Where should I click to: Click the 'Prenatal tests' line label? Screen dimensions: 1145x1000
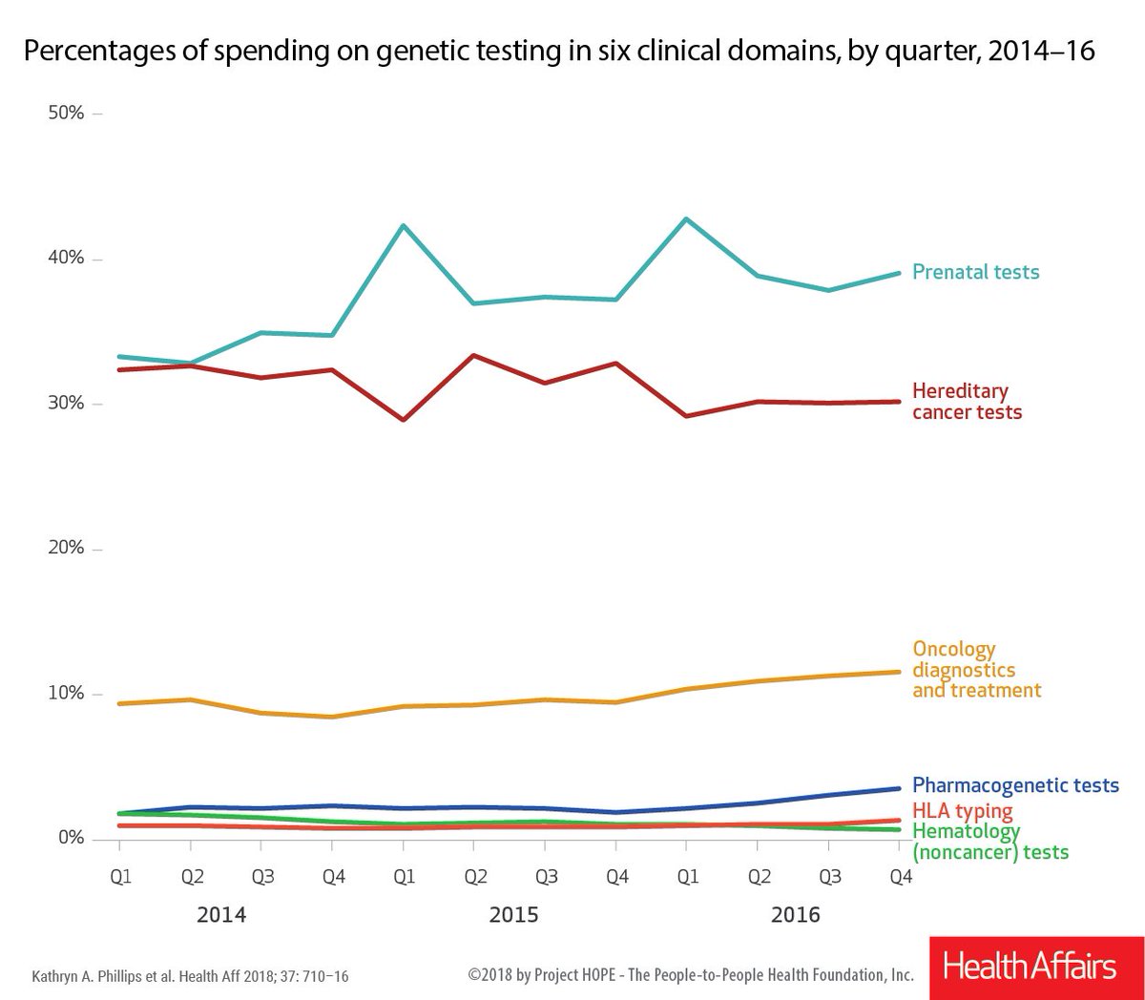975,272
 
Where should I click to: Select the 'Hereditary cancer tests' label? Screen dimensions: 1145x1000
967,401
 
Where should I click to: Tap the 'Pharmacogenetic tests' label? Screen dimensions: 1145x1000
1015,785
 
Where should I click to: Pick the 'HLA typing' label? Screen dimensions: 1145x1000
963,811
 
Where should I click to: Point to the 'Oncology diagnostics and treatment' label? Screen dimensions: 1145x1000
976,669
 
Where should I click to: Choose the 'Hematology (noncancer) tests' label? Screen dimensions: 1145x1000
990,842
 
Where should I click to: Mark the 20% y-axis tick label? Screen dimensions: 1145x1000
66,548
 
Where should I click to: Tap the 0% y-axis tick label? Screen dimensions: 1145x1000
71,838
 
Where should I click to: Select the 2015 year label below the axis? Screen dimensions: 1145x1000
513,915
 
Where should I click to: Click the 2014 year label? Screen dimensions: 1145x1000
221,915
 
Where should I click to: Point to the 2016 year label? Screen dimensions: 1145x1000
795,915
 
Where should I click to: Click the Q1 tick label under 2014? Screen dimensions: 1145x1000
120,876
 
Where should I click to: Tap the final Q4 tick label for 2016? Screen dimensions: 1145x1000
901,876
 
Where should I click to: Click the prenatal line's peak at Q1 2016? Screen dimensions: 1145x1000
687,219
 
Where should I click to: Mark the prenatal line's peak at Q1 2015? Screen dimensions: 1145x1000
403,225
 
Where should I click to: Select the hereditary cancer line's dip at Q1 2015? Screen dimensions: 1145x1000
404,420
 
